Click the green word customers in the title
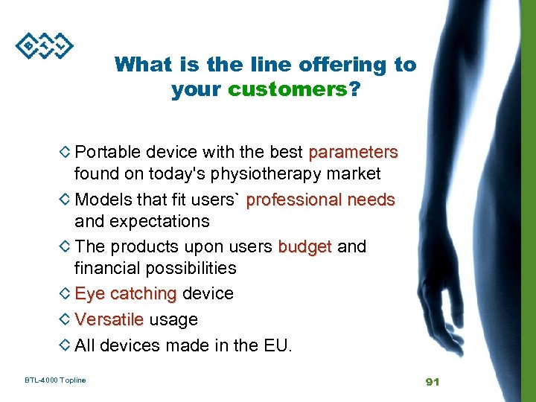(287, 89)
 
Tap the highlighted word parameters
(353, 153)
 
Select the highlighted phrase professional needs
(320, 200)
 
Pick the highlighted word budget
(304, 246)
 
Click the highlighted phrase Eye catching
(125, 294)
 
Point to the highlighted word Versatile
(109, 319)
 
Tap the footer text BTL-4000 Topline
(55, 380)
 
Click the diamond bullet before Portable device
(65, 152)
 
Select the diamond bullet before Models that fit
(65, 200)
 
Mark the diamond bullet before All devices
(65, 345)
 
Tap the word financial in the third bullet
(106, 268)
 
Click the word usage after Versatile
(173, 319)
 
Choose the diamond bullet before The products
(65, 246)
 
